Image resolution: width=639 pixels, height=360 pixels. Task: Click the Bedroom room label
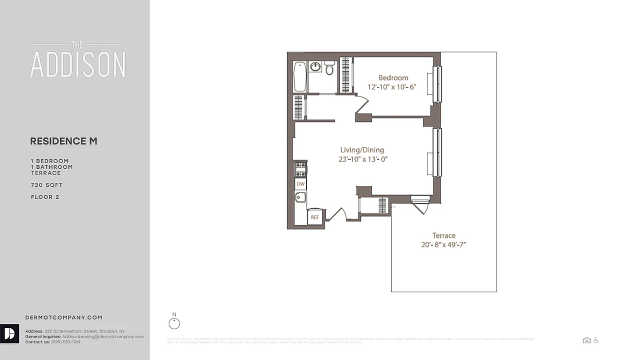(x=393, y=77)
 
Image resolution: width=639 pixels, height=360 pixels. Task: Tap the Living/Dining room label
(x=362, y=150)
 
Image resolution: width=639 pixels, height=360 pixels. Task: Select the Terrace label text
(x=444, y=235)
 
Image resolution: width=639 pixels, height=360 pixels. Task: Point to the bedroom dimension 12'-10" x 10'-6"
(x=392, y=87)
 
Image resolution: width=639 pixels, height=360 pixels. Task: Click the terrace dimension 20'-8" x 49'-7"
(x=444, y=245)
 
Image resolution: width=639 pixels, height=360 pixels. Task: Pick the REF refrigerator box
(x=315, y=217)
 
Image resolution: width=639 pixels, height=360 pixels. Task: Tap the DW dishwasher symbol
(x=301, y=184)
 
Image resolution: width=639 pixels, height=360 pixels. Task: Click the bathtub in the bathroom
(x=299, y=77)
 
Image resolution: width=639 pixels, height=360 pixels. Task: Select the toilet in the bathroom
(x=330, y=68)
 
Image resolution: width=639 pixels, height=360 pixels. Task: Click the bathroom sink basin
(x=316, y=67)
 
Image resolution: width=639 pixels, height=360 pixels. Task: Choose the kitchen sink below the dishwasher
(x=300, y=197)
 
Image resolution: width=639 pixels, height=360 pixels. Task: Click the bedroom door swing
(x=362, y=104)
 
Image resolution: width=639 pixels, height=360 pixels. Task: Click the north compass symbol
(x=174, y=323)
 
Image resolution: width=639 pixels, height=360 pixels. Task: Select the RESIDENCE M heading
(x=64, y=141)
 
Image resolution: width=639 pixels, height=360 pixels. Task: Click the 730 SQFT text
(x=47, y=185)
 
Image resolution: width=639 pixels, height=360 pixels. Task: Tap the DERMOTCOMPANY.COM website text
(x=64, y=318)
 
